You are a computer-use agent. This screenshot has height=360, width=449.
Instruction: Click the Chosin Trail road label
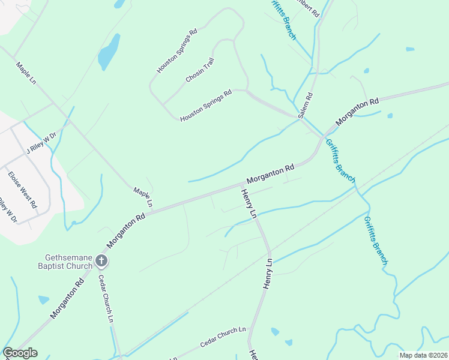(x=200, y=71)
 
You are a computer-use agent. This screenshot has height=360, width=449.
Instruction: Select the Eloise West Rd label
(x=22, y=189)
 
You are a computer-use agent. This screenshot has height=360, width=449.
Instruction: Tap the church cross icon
(x=101, y=260)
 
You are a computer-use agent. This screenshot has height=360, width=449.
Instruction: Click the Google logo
(x=20, y=353)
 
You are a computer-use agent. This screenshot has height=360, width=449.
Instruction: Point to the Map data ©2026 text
(x=423, y=355)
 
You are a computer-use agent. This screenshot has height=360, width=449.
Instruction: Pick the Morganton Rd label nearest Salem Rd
(x=358, y=112)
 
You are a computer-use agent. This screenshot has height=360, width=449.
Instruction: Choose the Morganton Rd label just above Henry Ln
(x=270, y=175)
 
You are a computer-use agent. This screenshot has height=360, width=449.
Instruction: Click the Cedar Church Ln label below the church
(x=106, y=298)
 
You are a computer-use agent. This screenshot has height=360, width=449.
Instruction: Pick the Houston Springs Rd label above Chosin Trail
(x=177, y=51)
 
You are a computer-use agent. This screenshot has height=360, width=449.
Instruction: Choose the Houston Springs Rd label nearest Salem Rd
(x=206, y=106)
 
